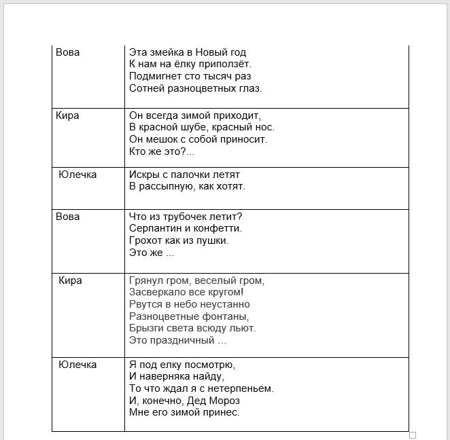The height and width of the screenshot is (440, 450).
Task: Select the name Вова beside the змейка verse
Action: tap(67, 52)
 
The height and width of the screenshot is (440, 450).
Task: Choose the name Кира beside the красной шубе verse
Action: tap(67, 115)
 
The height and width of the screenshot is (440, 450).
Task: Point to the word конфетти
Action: tap(218, 228)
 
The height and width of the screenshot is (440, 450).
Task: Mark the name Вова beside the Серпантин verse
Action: tap(67, 217)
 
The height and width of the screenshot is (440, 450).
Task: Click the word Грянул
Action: tap(145, 280)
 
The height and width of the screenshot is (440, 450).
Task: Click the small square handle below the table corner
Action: tap(412, 435)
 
